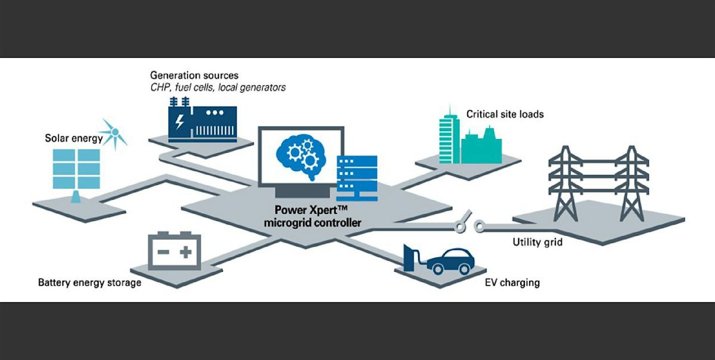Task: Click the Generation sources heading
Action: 194,76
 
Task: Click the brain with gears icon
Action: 300,153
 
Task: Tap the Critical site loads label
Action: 505,114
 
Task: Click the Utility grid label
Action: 537,243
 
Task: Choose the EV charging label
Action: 512,282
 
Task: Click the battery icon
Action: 174,252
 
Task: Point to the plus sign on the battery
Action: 186,252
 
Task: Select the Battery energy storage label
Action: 90,282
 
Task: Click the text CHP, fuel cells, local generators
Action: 218,88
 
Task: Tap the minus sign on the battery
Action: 162,253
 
